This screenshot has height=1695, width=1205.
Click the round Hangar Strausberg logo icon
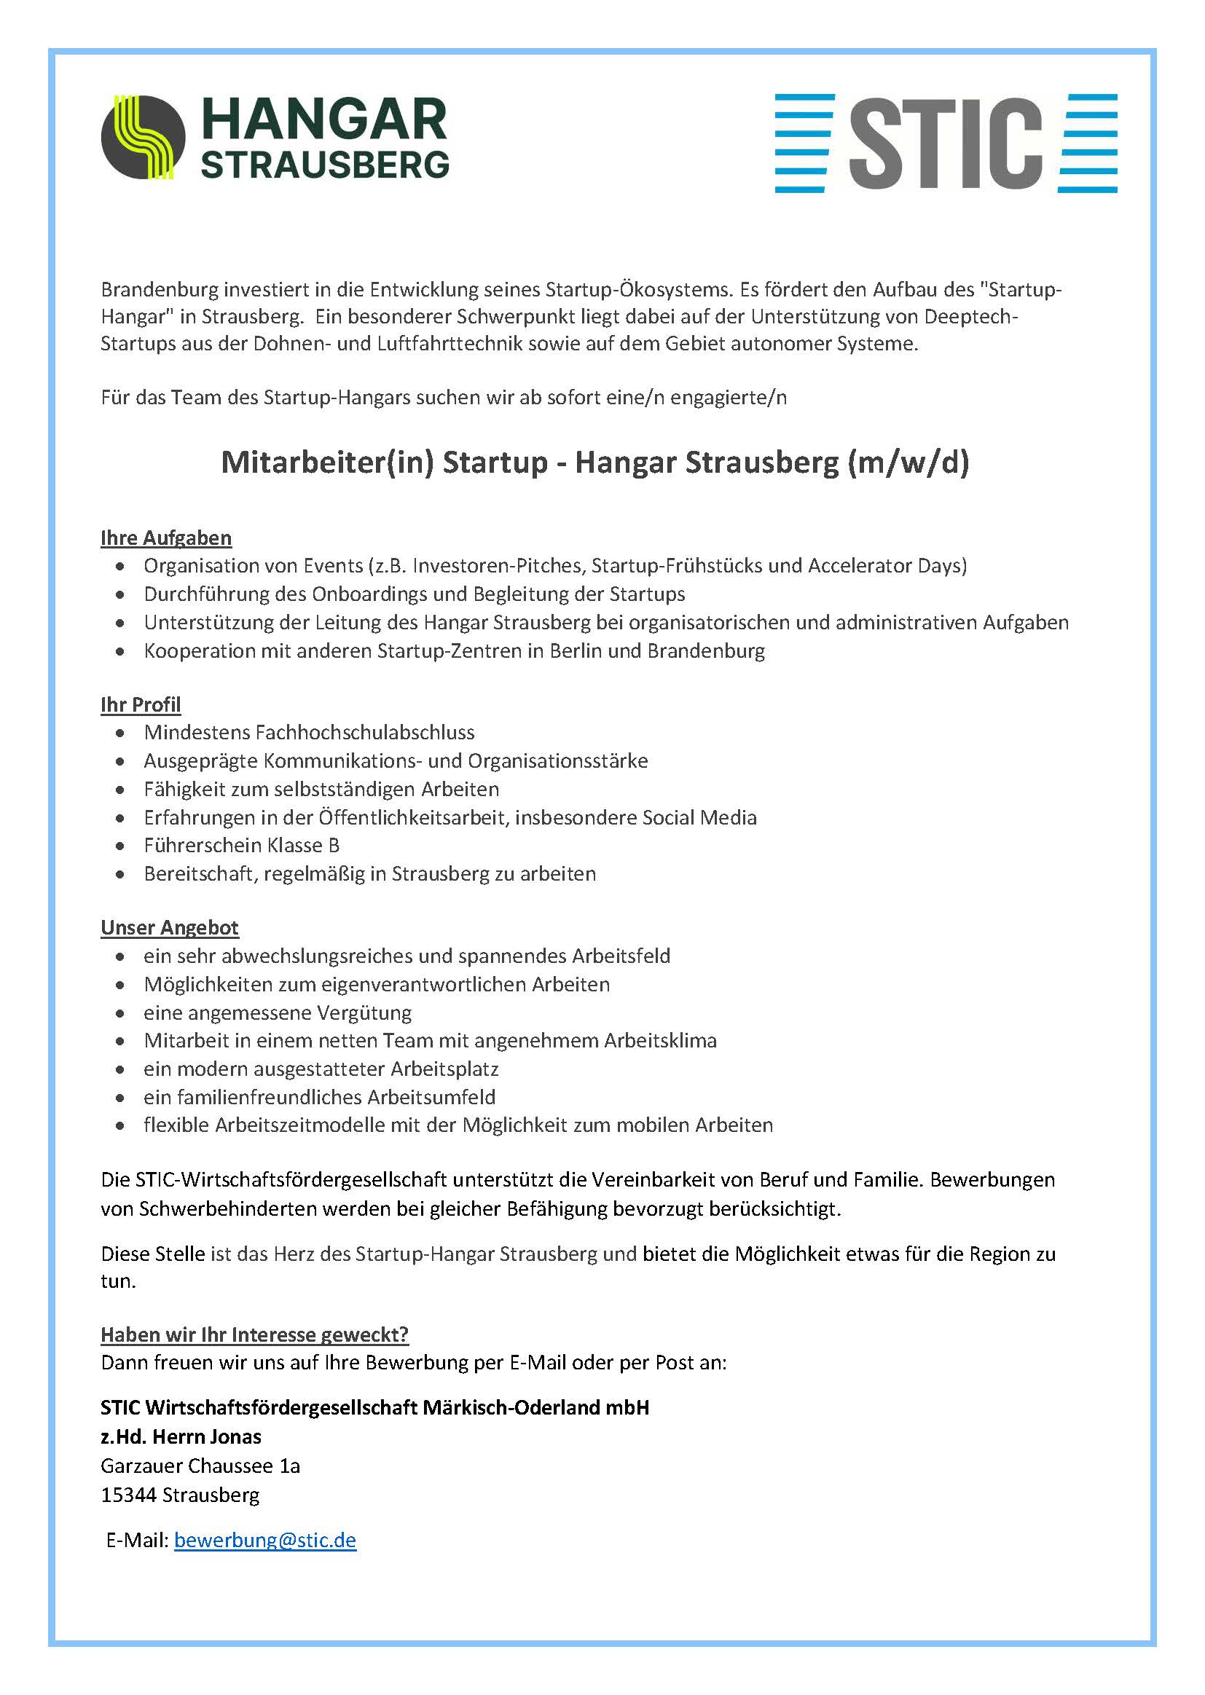coord(144,137)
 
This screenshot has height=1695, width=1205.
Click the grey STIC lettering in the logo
coord(946,143)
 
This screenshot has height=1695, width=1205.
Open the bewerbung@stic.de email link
coord(265,1540)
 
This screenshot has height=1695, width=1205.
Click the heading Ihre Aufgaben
coord(166,538)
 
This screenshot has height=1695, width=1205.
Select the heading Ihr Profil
coord(141,704)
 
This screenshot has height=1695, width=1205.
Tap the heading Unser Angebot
coord(170,928)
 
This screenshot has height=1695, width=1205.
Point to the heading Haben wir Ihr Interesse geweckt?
coord(254,1335)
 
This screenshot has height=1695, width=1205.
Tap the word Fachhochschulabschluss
coord(365,733)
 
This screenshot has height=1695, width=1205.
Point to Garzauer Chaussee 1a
coord(200,1466)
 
